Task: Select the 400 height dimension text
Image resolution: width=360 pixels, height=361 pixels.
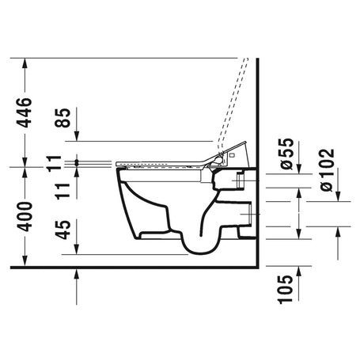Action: (x=26, y=215)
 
